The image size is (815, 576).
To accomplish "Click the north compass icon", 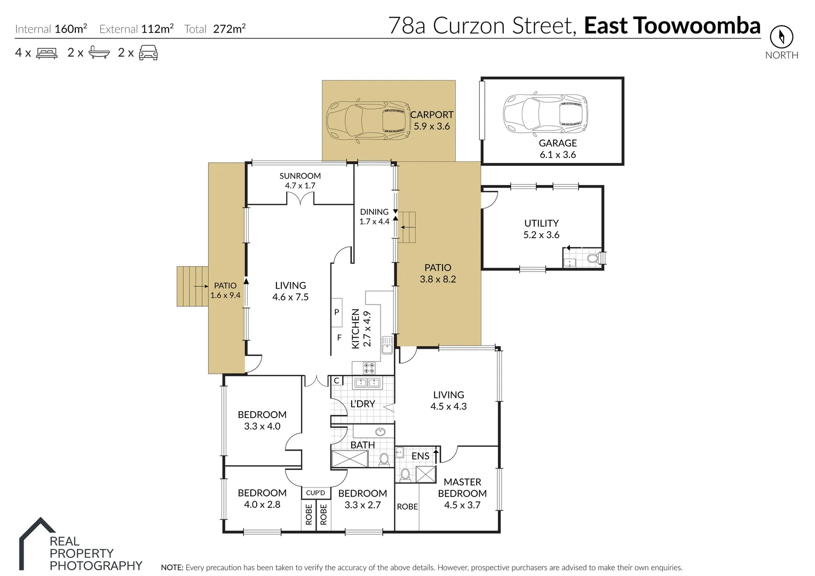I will click(781, 37).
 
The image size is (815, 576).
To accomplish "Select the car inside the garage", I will click(545, 113).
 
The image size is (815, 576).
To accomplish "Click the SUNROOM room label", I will click(300, 176).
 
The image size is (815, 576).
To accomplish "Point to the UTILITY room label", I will click(541, 223).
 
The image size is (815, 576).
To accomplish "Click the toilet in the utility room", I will click(592, 259).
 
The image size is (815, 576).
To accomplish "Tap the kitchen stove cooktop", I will click(369, 367).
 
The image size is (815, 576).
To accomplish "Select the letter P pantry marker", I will click(337, 312).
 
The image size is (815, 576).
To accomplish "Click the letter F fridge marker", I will click(339, 338).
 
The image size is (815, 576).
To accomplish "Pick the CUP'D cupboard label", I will click(315, 493).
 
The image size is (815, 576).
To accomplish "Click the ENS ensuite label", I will click(421, 456).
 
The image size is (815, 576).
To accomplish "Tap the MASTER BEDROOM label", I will click(462, 487).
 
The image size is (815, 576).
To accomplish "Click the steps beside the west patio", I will click(192, 286).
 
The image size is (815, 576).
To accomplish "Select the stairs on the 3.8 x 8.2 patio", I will click(407, 227).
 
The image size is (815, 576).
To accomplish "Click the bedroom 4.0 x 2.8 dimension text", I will click(262, 505).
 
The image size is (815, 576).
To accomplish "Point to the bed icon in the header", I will click(46, 53).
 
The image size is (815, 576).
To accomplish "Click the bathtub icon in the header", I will click(99, 53).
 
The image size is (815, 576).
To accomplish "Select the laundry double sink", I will click(367, 382).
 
